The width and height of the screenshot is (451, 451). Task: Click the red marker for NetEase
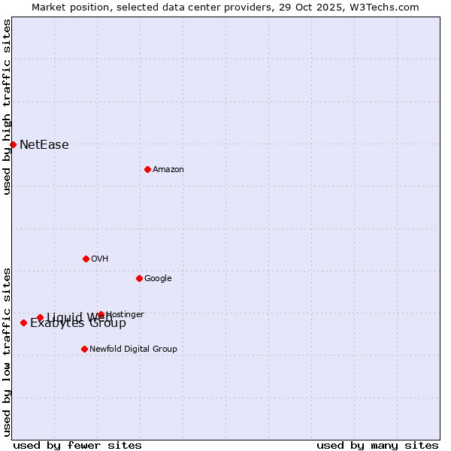pos(13,144)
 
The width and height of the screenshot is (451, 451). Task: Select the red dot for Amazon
pos(147,169)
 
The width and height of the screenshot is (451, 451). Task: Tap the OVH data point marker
pos(86,259)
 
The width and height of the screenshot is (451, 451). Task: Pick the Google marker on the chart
pos(139,278)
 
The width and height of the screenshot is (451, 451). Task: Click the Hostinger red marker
pos(101,314)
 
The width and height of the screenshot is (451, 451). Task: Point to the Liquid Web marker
pos(40,317)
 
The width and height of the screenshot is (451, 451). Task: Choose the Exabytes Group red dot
pos(23,322)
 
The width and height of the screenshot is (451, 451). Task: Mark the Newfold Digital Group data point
pos(84,349)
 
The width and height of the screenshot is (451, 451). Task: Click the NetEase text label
pos(44,145)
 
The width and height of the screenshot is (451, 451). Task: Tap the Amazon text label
pos(168,170)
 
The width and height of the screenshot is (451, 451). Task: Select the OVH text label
pos(99,259)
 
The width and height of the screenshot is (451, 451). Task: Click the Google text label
pos(158,279)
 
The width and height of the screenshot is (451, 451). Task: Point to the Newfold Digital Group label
pos(133,350)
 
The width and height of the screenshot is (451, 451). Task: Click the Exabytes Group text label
pos(78,324)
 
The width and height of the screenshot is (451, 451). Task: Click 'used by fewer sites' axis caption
pos(77,445)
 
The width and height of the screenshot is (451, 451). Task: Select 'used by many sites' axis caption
pos(377,445)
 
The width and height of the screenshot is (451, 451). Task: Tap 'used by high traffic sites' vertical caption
pos(7,107)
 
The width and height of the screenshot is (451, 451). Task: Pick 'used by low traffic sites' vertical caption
pos(7,352)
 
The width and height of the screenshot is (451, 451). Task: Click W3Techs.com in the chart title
pos(388,7)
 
